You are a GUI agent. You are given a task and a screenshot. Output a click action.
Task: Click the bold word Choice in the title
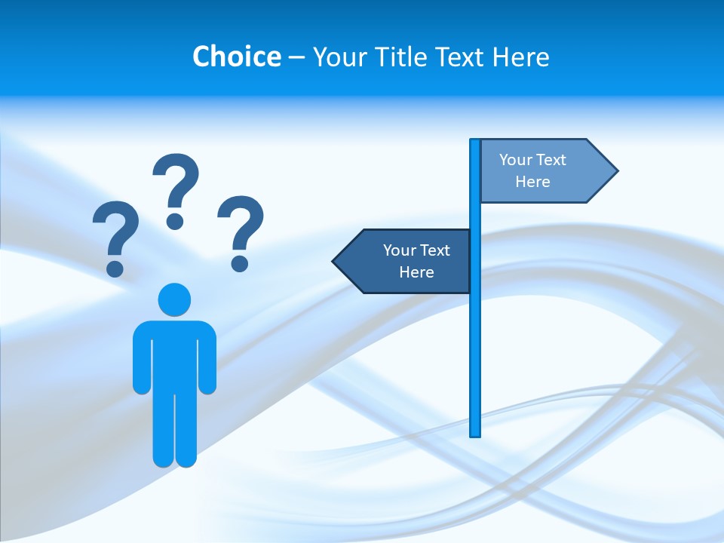pyautogui.click(x=236, y=57)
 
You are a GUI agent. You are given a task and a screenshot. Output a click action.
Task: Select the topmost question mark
pyautogui.click(x=176, y=185)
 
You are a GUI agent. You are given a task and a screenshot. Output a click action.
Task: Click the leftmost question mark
pyautogui.click(x=115, y=234)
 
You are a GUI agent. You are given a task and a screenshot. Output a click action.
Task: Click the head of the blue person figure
pyautogui.click(x=174, y=299)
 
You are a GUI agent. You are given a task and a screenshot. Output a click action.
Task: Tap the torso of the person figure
pyautogui.click(x=174, y=354)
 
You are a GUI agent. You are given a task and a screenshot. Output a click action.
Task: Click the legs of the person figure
pyautogui.click(x=174, y=430)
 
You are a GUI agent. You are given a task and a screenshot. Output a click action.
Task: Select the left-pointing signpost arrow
pyautogui.click(x=403, y=261)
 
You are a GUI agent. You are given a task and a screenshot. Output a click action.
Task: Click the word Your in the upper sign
pyautogui.click(x=516, y=160)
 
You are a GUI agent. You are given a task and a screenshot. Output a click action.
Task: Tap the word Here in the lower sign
pyautogui.click(x=416, y=272)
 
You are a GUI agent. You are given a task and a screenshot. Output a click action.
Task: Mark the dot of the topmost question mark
pyautogui.click(x=175, y=221)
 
